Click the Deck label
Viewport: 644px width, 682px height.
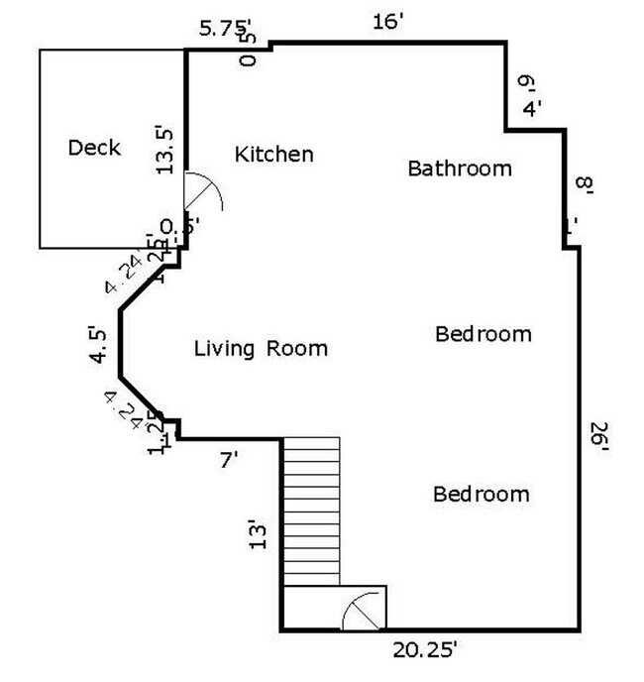point(94,148)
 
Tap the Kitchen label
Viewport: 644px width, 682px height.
point(273,155)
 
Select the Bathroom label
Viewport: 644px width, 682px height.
point(460,169)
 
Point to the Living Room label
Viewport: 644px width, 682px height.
point(260,349)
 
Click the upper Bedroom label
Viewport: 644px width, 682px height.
point(483,334)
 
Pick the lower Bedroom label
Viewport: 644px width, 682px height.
point(481,494)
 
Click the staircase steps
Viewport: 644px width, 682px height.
point(311,510)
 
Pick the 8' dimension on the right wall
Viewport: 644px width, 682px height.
point(584,184)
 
